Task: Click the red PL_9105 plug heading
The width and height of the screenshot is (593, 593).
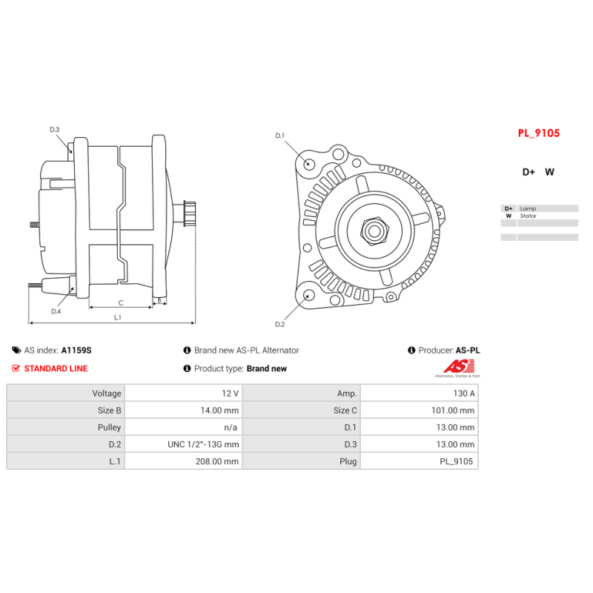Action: point(539,133)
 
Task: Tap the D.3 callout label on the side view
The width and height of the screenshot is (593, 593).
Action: point(54,129)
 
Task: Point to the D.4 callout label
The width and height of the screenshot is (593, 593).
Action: point(56,311)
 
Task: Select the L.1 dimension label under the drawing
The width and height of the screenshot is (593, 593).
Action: point(118,317)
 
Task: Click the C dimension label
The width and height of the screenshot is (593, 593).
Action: point(121,303)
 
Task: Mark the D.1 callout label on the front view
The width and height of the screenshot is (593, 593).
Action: point(280,136)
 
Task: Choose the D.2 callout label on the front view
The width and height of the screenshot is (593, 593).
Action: point(280,324)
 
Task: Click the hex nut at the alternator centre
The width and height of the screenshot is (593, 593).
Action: point(374,231)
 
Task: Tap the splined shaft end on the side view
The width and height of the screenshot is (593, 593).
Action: point(189,213)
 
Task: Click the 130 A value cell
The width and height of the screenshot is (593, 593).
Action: point(419,394)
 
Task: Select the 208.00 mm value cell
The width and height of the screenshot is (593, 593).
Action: point(183,461)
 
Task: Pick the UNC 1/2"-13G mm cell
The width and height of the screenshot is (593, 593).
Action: point(183,444)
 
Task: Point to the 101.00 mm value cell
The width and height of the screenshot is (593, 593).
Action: point(419,411)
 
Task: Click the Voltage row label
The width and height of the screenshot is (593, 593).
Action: point(107,394)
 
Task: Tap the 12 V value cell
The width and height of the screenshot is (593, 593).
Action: point(183,394)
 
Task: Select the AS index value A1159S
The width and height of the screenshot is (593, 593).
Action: point(76,350)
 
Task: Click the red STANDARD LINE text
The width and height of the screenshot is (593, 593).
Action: point(56,368)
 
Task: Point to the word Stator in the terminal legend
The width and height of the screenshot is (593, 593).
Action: point(528,216)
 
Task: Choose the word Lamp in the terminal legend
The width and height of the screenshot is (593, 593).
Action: point(528,208)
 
